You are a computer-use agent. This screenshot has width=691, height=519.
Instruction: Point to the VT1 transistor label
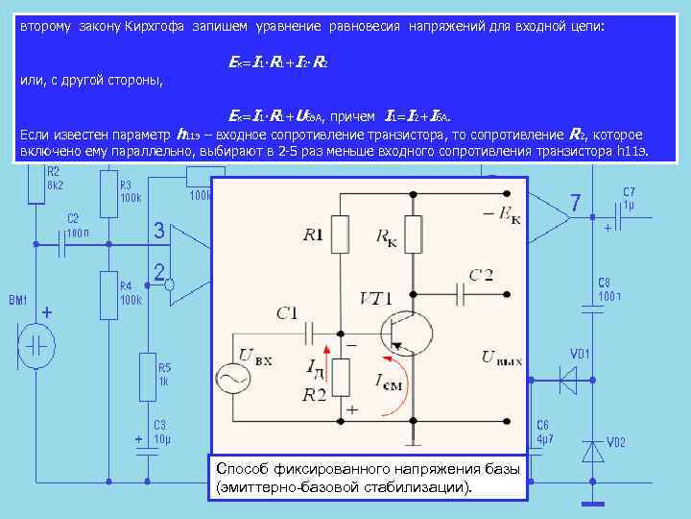coord(377,298)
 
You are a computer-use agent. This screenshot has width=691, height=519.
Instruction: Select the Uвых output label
coord(502,358)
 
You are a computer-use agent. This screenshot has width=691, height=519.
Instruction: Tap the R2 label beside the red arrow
coord(314,393)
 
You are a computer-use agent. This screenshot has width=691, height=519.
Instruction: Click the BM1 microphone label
coord(19,301)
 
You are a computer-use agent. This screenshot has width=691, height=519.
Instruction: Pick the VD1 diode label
coord(582,353)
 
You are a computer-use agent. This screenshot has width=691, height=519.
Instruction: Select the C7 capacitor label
coord(629,191)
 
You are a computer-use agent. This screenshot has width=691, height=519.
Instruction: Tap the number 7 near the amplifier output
coord(575,205)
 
